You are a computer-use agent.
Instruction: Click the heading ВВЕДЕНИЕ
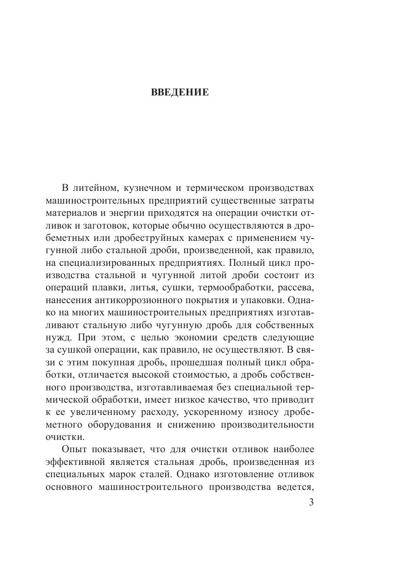[x=180, y=93]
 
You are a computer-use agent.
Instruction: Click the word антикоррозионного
[x=133, y=300]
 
